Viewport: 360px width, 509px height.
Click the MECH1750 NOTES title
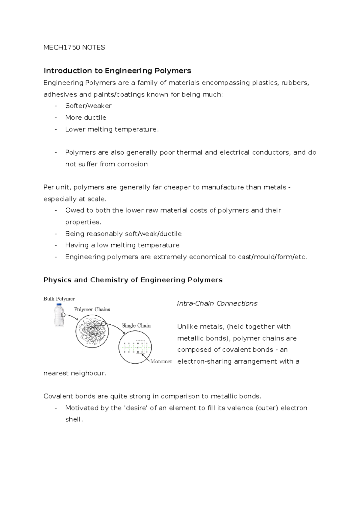tap(74, 47)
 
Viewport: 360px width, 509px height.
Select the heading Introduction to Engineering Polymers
tap(117, 71)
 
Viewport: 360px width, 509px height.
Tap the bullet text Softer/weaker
tap(88, 106)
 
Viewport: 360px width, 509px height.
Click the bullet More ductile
tap(85, 118)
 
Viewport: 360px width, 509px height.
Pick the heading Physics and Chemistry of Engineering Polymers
tap(133, 280)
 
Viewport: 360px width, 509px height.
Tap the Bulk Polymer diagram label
tap(59, 299)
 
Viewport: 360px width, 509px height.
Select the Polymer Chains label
tap(92, 309)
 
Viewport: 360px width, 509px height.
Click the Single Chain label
tap(136, 326)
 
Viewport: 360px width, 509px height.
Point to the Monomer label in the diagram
tap(161, 362)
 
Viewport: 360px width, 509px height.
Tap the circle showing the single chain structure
tap(135, 348)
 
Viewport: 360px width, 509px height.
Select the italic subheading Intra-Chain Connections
tap(217, 303)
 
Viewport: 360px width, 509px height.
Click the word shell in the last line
tap(73, 420)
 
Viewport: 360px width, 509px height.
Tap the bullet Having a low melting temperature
tap(122, 245)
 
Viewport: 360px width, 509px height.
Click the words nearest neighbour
tap(75, 374)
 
